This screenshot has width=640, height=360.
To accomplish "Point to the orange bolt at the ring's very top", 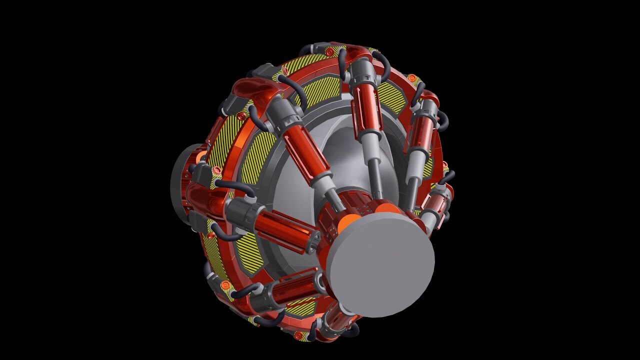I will pos(329,51).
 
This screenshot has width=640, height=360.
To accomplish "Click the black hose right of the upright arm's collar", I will pos(383,65).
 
